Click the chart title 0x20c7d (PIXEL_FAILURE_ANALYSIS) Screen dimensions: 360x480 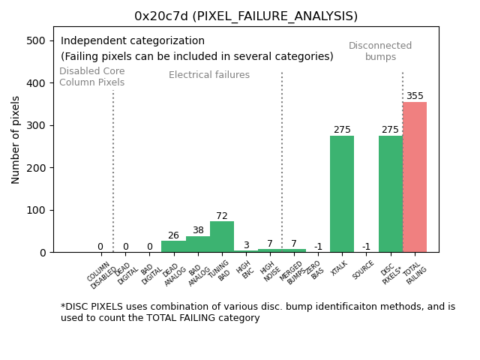tap(246, 16)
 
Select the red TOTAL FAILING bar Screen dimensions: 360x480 tap(415, 177)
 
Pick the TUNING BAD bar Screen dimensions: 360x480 tap(222, 237)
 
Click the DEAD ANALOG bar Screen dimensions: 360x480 tap(173, 247)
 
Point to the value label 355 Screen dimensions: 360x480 tap(415, 96)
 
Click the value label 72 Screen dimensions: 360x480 tap(222, 216)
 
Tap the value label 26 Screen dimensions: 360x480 tap(173, 235)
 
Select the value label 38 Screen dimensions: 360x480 tap(198, 230)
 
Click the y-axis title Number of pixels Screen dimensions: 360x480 tap(16, 139)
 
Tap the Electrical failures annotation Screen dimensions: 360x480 tap(209, 75)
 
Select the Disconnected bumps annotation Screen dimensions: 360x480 tap(380, 52)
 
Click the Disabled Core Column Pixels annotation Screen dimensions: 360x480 tap(92, 76)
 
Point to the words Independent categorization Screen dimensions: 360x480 tap(133, 41)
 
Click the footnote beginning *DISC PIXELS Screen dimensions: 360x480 tap(258, 312)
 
